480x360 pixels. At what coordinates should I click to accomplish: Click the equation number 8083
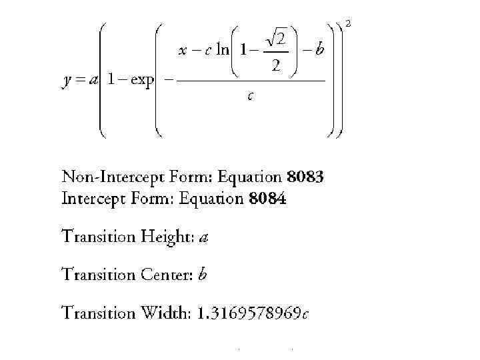[x=305, y=178]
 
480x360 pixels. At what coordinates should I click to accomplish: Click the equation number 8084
[x=268, y=199]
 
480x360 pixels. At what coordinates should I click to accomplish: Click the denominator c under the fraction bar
[x=249, y=97]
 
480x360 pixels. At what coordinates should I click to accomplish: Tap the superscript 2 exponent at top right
[x=349, y=24]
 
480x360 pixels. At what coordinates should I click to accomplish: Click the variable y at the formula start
[x=67, y=81]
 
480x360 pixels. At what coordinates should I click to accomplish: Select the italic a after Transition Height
[x=204, y=237]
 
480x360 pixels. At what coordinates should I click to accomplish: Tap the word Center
[x=167, y=275]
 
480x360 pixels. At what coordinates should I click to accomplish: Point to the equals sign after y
[x=80, y=81]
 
